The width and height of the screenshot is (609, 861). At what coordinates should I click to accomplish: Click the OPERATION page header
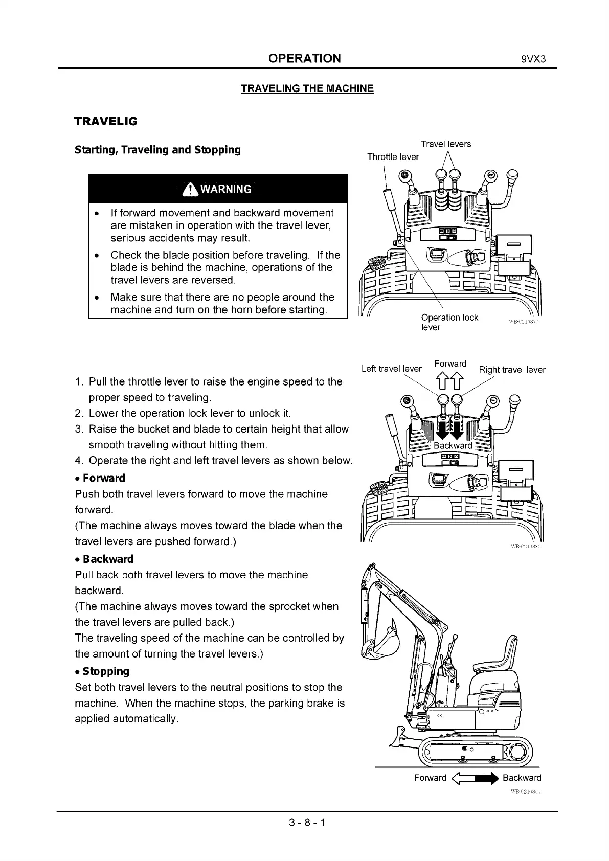click(x=304, y=58)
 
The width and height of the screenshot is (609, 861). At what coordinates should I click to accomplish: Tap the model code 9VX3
click(x=534, y=59)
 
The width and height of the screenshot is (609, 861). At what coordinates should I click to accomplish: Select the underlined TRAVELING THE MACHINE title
click(x=307, y=88)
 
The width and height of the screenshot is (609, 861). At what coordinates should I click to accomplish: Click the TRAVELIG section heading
click(x=106, y=122)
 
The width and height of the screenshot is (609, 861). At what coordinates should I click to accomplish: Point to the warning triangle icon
click(x=190, y=190)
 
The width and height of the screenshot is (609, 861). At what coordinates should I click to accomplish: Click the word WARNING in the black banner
click(x=225, y=190)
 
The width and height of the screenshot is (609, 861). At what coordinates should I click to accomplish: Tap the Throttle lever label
click(x=393, y=157)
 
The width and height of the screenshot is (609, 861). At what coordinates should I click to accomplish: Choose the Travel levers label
click(x=446, y=144)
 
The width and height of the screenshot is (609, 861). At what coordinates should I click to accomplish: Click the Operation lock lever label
click(x=449, y=322)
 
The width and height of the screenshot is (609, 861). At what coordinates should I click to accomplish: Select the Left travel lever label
click(x=391, y=369)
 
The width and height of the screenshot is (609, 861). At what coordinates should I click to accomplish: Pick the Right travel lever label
click(x=512, y=370)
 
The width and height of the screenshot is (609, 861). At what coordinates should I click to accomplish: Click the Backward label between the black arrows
click(x=453, y=445)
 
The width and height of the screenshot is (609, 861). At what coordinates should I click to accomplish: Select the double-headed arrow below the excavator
click(x=475, y=778)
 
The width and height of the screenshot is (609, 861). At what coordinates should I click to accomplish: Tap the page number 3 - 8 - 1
click(x=307, y=823)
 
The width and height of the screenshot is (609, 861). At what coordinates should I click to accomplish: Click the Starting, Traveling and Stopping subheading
click(x=157, y=150)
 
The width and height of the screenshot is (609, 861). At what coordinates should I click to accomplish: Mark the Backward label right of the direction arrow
click(x=522, y=778)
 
